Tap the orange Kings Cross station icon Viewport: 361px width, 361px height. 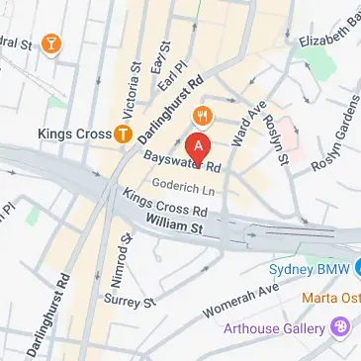point(123,133)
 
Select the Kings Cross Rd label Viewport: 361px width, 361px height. point(165,204)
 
